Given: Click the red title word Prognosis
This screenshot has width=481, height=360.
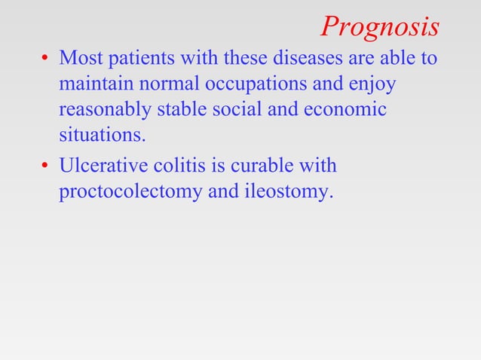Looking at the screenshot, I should [379, 27].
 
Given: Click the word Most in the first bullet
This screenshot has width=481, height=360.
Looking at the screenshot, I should [78, 58].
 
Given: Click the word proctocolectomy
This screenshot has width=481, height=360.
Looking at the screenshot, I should [130, 192].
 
